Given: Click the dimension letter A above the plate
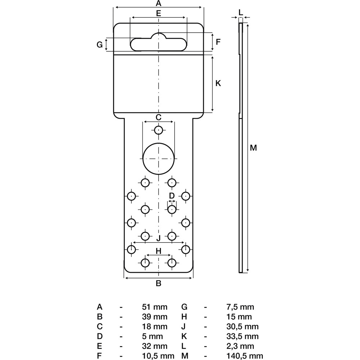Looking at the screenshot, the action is pyautogui.click(x=158, y=4).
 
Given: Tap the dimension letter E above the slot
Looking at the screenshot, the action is pyautogui.click(x=159, y=13).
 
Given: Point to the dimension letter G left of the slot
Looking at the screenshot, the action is pyautogui.click(x=99, y=45).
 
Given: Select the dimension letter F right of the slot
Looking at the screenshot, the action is pyautogui.click(x=218, y=42).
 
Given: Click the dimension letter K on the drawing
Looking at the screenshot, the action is pyautogui.click(x=218, y=83).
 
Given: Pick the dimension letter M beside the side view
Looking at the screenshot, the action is pyautogui.click(x=253, y=148).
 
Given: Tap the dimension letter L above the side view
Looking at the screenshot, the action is pyautogui.click(x=240, y=13).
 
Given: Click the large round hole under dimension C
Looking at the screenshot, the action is pyautogui.click(x=159, y=158).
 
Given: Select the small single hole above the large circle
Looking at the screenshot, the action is pyautogui.click(x=158, y=130).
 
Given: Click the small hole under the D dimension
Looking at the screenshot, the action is pyautogui.click(x=172, y=210).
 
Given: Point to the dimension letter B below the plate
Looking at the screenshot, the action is pyautogui.click(x=158, y=283).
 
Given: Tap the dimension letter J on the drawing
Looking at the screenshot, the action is pyautogui.click(x=158, y=239).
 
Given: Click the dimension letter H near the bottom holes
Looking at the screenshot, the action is pyautogui.click(x=159, y=251).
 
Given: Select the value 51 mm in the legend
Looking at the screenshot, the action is pyautogui.click(x=154, y=307).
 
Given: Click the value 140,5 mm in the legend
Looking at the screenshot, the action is pyautogui.click(x=244, y=356).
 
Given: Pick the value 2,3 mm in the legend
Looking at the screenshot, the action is pyautogui.click(x=240, y=346).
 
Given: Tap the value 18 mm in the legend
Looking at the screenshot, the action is pyautogui.click(x=154, y=327).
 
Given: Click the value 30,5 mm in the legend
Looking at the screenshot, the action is pyautogui.click(x=242, y=327).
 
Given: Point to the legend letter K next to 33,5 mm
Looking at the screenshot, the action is pyautogui.click(x=184, y=336).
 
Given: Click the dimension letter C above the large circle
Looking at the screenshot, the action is pyautogui.click(x=159, y=117).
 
